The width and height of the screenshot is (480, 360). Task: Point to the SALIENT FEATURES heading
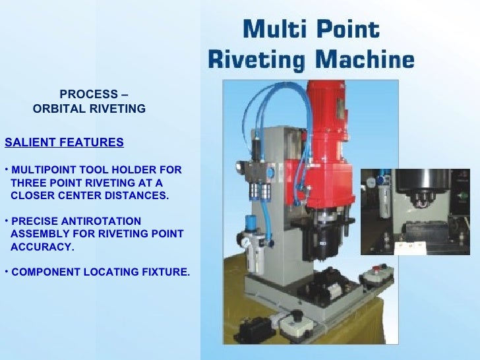pos(64,142)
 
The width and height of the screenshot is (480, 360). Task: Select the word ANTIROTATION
pos(99,221)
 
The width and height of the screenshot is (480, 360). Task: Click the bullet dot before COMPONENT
pos(7,271)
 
